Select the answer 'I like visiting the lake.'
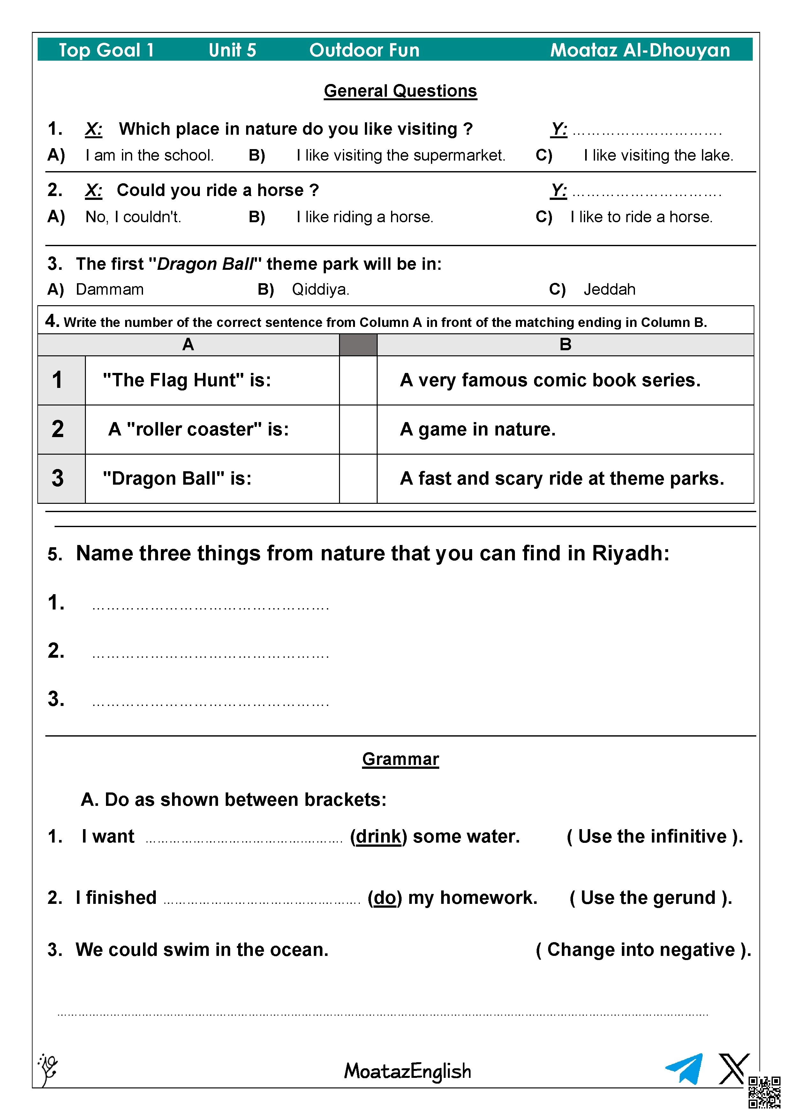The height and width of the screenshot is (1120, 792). [x=658, y=155]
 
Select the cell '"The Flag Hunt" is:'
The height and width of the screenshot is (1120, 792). [x=187, y=380]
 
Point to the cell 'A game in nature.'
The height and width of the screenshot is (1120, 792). [x=478, y=429]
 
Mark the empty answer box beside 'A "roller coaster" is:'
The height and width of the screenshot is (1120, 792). [x=358, y=429]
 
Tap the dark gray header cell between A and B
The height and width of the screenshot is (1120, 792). [x=358, y=345]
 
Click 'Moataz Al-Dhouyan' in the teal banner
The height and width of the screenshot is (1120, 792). [x=640, y=50]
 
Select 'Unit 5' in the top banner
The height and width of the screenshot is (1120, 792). [x=232, y=50]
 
